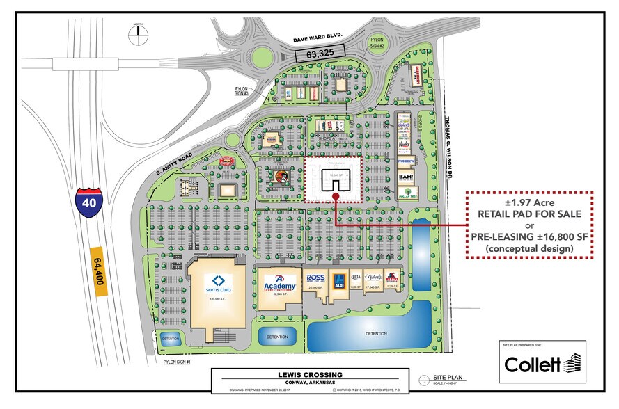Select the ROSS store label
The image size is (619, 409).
[316, 278]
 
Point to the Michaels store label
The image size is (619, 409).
[373, 278]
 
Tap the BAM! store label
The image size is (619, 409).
[407, 177]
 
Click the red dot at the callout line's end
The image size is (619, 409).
[336, 196]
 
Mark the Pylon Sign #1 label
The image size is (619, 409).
[178, 362]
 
